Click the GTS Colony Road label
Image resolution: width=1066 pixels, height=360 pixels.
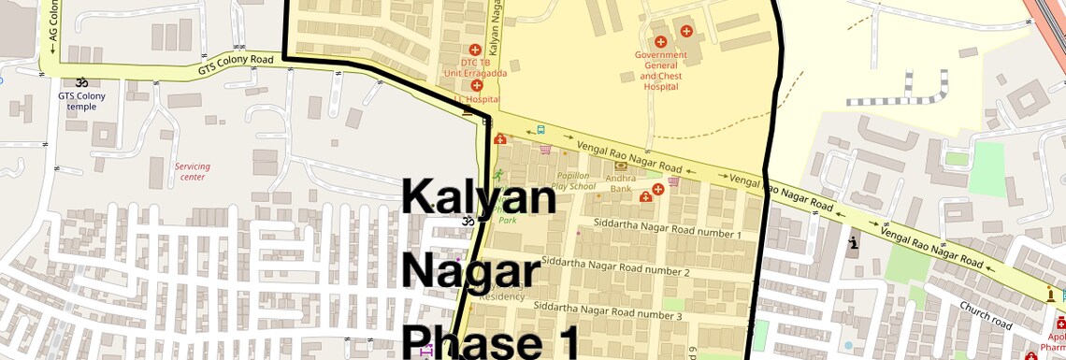click(x=236, y=65)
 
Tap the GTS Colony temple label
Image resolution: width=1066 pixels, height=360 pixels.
click(x=82, y=100)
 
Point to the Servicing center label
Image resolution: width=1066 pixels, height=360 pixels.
click(x=192, y=172)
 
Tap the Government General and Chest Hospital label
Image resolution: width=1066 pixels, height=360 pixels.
click(x=660, y=70)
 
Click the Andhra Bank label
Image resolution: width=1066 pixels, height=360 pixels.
click(x=620, y=182)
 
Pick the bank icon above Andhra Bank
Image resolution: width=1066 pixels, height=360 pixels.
click(x=620, y=166)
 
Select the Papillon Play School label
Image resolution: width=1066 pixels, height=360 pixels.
click(x=573, y=180)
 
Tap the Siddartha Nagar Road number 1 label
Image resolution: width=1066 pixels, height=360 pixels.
click(x=668, y=230)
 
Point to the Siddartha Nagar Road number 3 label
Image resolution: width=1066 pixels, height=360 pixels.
click(x=608, y=310)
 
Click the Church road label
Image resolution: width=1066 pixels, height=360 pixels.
click(x=985, y=314)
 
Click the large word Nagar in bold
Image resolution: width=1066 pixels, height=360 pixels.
click(x=471, y=270)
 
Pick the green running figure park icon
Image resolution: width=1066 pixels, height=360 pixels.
click(x=497, y=175)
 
